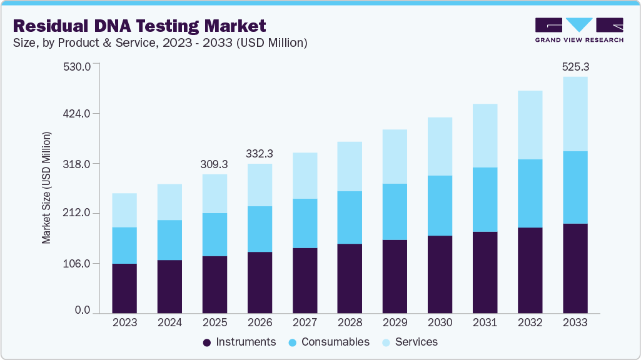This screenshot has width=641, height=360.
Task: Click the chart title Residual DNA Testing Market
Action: coord(139,26)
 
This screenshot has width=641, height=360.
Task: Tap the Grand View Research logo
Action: coord(579,30)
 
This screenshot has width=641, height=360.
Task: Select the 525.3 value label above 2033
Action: coord(575,66)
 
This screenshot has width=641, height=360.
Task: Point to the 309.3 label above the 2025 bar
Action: coord(215,164)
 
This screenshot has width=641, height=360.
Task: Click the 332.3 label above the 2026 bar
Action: coord(260,153)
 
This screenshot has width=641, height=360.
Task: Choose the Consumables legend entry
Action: coord(329,342)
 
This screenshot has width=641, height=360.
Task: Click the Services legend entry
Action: coord(410,342)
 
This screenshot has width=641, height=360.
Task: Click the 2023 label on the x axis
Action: coord(124,322)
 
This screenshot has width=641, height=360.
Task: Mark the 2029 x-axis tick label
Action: coord(395,322)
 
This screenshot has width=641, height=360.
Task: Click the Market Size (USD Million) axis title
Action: coord(46,187)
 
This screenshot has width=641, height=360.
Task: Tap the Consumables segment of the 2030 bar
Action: coord(440,206)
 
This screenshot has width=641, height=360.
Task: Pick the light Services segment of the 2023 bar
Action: coord(124,210)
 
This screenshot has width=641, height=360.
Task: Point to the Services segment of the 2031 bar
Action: coord(485,136)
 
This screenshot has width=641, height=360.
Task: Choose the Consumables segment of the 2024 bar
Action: coord(169,240)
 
